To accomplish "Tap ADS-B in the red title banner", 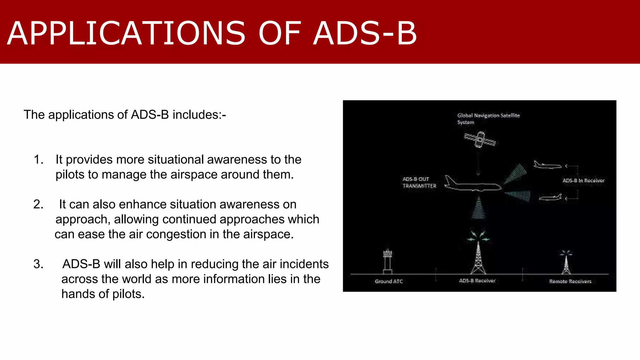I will click(365, 33).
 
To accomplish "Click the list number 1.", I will click(38, 160).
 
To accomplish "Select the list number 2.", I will click(38, 204).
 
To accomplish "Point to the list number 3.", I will click(38, 264).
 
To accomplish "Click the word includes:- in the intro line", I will click(199, 115).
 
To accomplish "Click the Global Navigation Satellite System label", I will click(488, 118).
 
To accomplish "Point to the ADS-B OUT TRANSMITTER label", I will click(419, 182).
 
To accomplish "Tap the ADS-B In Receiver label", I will click(583, 181).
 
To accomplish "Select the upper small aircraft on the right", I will click(547, 165).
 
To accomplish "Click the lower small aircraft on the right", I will click(550, 197).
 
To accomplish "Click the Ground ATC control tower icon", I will click(387, 261).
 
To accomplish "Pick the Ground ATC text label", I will click(389, 281).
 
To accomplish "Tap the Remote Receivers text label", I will click(570, 281).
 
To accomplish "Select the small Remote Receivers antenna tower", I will click(566, 262).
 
